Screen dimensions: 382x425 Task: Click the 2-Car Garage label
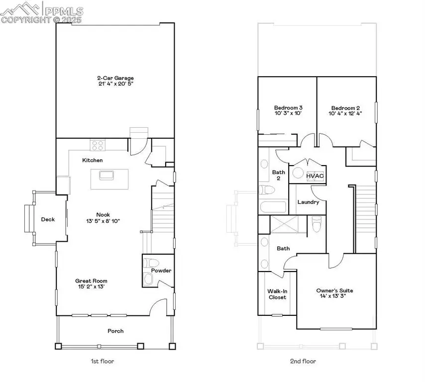[x=115, y=78]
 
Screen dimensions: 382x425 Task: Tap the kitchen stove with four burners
[x=98, y=145]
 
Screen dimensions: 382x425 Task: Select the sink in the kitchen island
[x=106, y=175]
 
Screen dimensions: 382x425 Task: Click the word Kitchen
[x=93, y=160]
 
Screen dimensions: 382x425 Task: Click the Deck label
[x=48, y=219]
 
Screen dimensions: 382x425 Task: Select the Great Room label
[x=91, y=281]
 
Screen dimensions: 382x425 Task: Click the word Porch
[x=115, y=331]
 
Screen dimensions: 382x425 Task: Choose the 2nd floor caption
[x=303, y=361]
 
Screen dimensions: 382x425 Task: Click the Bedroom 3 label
[x=288, y=107]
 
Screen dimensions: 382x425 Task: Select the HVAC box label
[x=314, y=176]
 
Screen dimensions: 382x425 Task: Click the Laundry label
[x=308, y=202]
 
